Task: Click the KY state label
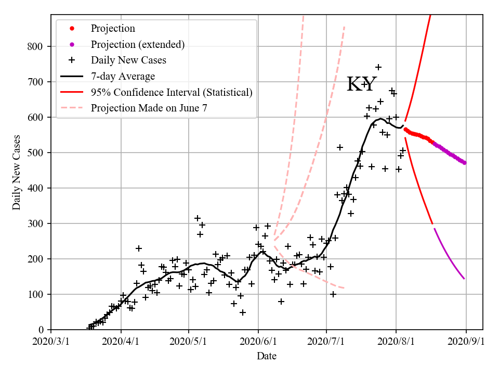click(362, 84)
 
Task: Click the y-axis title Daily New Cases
click(17, 173)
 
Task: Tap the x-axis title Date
click(267, 356)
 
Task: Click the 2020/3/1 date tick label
click(51, 342)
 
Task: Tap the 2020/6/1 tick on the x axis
click(258, 342)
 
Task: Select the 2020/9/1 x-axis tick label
click(466, 342)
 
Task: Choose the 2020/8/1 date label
click(396, 342)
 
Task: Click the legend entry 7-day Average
click(123, 77)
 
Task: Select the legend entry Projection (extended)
click(138, 44)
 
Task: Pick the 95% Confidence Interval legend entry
click(172, 92)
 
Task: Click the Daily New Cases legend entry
click(128, 60)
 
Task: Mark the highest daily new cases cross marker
click(378, 67)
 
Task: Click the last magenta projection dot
click(464, 162)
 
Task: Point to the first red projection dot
click(405, 129)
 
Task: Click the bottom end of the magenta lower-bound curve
click(464, 279)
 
